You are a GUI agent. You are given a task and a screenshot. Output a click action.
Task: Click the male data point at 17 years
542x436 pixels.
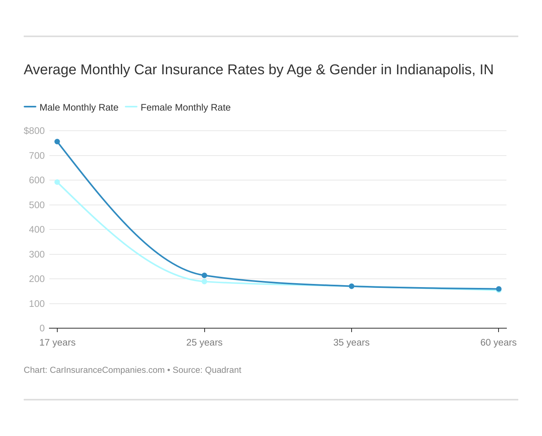57,142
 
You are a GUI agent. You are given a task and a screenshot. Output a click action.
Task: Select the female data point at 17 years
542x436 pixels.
57,182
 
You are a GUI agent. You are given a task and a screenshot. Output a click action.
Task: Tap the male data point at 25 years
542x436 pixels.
204,275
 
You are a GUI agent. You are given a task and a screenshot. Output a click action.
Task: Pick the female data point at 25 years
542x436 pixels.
204,282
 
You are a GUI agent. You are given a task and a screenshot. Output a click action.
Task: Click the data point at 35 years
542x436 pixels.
352,286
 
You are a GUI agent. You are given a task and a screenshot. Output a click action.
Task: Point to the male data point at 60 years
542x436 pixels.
499,289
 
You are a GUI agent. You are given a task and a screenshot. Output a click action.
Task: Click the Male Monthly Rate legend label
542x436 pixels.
79,107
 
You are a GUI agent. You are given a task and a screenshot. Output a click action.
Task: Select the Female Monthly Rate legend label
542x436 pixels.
185,107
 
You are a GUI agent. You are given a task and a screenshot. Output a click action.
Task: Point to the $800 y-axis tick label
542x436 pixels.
34,131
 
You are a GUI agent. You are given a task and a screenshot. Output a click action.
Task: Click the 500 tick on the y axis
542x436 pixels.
37,205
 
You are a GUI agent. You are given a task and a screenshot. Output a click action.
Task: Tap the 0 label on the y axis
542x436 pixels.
42,328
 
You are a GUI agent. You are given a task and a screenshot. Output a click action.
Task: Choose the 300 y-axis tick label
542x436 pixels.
37,254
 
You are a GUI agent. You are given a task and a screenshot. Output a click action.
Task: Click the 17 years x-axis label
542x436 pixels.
57,342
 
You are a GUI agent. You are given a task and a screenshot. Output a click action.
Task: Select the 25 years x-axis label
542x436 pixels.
204,342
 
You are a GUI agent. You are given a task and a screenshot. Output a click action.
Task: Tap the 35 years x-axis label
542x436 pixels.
352,342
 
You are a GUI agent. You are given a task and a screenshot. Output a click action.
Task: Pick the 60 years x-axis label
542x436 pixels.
498,342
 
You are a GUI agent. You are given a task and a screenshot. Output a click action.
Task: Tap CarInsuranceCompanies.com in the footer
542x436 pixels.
107,370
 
